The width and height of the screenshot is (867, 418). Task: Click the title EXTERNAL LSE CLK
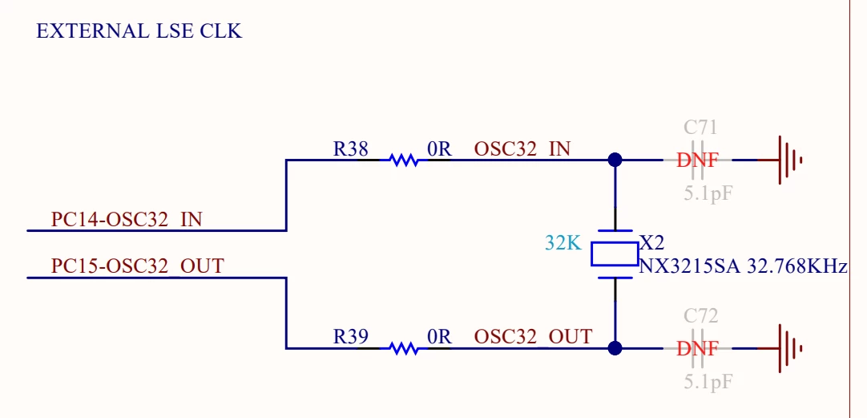pyautogui.click(x=139, y=30)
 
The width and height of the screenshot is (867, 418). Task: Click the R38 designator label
pyautogui.click(x=350, y=149)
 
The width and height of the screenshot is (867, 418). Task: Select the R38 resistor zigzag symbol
pyautogui.click(x=404, y=160)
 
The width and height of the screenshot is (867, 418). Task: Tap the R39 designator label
pyautogui.click(x=350, y=337)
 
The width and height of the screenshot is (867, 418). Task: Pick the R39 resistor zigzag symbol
pyautogui.click(x=404, y=348)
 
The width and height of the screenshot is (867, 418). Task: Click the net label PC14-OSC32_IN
pyautogui.click(x=127, y=220)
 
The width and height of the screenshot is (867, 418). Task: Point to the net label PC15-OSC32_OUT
pyautogui.click(x=137, y=266)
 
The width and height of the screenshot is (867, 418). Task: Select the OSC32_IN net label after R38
pyautogui.click(x=522, y=149)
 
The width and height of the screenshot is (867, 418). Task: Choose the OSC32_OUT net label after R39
pyautogui.click(x=533, y=337)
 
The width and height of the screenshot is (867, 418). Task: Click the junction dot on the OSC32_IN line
pyautogui.click(x=615, y=160)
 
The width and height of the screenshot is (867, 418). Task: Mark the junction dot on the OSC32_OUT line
pyautogui.click(x=615, y=348)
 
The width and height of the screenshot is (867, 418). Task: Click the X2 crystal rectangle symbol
pyautogui.click(x=615, y=254)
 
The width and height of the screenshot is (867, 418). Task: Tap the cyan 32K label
pyautogui.click(x=563, y=243)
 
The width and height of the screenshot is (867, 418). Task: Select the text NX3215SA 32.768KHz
pyautogui.click(x=743, y=267)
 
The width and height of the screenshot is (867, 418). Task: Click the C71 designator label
pyautogui.click(x=700, y=128)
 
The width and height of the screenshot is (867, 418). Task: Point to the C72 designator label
pyautogui.click(x=700, y=315)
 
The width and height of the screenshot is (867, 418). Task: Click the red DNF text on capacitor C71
pyautogui.click(x=697, y=160)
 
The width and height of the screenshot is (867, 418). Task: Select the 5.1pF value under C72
pyautogui.click(x=708, y=381)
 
